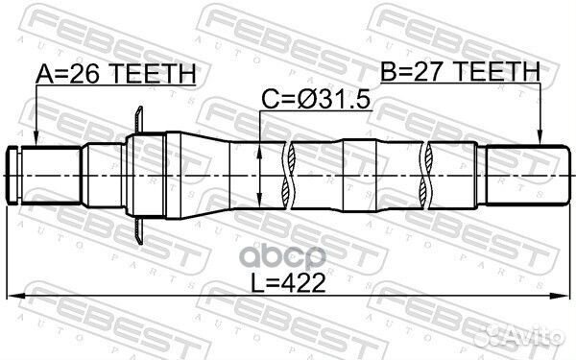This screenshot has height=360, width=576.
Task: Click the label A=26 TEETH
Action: [x=115, y=73]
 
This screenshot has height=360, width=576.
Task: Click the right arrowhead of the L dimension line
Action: [x=561, y=294]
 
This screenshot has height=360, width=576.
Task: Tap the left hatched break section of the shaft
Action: [x=288, y=175]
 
